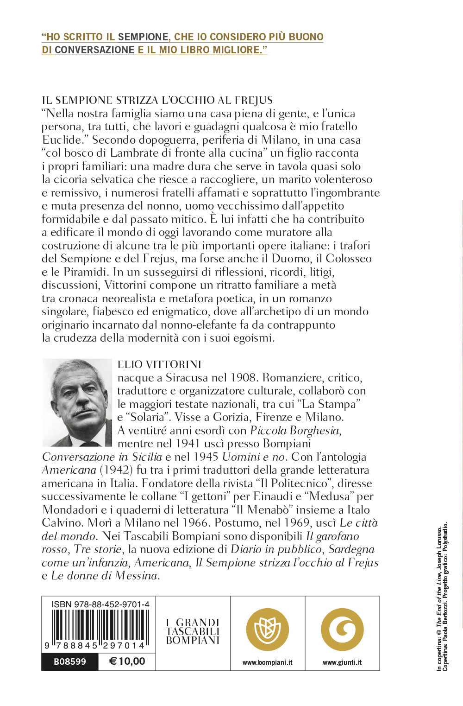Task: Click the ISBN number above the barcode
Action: pyautogui.click(x=100, y=604)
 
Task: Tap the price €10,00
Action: pyautogui.click(x=127, y=661)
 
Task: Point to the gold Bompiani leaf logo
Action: pyautogui.click(x=267, y=630)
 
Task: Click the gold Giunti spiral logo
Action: pyautogui.click(x=342, y=630)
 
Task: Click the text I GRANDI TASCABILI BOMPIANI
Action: pyautogui.click(x=193, y=631)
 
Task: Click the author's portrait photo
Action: pyautogui.click(x=77, y=402)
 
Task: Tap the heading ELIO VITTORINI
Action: pyautogui.click(x=159, y=365)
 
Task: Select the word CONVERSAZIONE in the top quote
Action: pyautogui.click(x=94, y=50)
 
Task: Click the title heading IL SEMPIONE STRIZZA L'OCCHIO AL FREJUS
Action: pyautogui.click(x=157, y=100)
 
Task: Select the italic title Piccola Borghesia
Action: pyautogui.click(x=294, y=431)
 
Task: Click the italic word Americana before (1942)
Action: pyautogui.click(x=69, y=470)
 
